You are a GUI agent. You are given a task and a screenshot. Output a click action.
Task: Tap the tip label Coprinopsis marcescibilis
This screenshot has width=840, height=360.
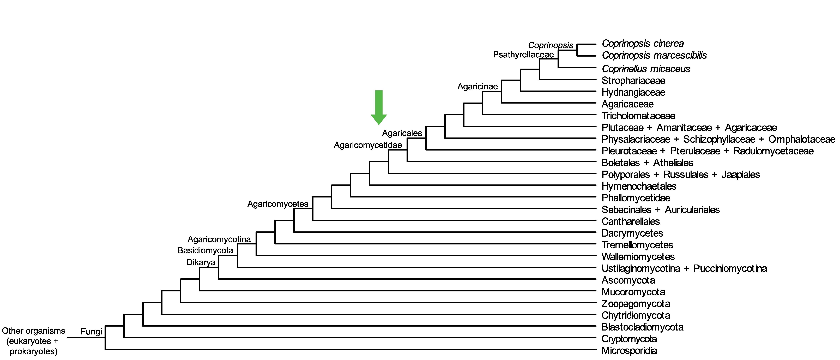(x=654, y=55)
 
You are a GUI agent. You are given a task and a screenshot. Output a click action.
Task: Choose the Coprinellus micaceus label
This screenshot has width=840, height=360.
(x=646, y=69)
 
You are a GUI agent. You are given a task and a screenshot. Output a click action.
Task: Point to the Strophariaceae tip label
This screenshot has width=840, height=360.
(x=633, y=81)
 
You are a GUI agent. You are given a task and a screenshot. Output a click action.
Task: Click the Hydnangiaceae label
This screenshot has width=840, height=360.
(x=633, y=92)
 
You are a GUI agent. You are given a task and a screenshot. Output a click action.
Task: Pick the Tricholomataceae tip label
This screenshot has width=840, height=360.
(x=638, y=116)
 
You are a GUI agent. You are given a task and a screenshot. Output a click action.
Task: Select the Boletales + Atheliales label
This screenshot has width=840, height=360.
(x=647, y=163)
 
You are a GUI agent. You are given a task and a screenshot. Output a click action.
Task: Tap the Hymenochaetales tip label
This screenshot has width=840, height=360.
(x=639, y=186)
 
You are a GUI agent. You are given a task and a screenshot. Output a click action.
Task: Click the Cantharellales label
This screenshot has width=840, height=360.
(x=630, y=221)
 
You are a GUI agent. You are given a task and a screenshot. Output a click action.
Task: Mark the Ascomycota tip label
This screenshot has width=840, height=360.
(x=628, y=280)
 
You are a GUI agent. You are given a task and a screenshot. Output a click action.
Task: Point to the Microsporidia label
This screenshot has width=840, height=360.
(x=629, y=351)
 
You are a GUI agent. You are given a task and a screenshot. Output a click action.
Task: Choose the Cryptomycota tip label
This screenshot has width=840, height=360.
(x=629, y=339)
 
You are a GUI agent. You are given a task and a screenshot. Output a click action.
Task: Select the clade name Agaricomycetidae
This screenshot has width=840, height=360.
(x=368, y=145)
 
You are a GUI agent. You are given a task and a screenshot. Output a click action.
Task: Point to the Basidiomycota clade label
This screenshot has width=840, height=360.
(x=205, y=250)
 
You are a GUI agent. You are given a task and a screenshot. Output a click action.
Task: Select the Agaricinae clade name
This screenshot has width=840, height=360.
(x=477, y=86)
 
